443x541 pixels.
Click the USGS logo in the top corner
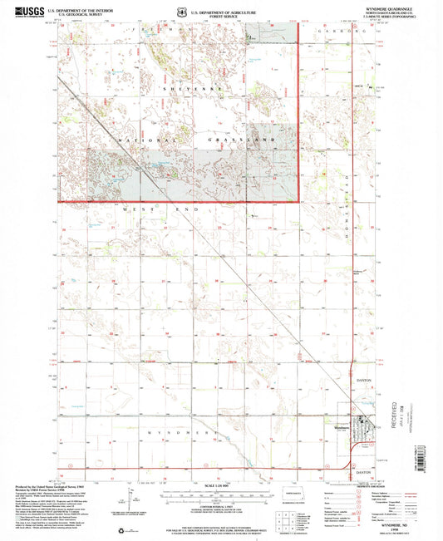coord(20,11)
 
